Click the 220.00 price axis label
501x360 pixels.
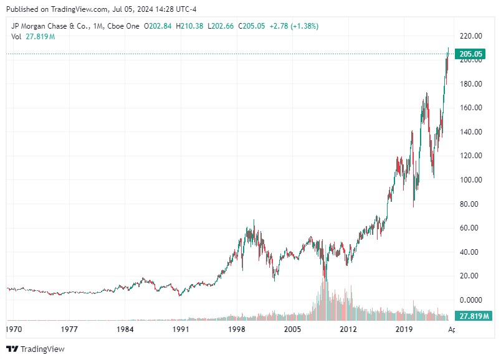[471, 36]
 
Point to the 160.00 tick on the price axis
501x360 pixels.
[471, 108]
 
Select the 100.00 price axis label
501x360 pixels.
[471, 180]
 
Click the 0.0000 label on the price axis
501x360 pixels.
[471, 300]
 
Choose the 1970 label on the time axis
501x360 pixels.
[15, 329]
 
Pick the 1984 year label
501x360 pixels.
[125, 329]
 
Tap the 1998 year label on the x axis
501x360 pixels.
[236, 329]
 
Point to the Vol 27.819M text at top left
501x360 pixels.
[33, 37]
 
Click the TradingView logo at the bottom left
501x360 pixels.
[36, 349]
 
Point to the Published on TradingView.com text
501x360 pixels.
[59, 9]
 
